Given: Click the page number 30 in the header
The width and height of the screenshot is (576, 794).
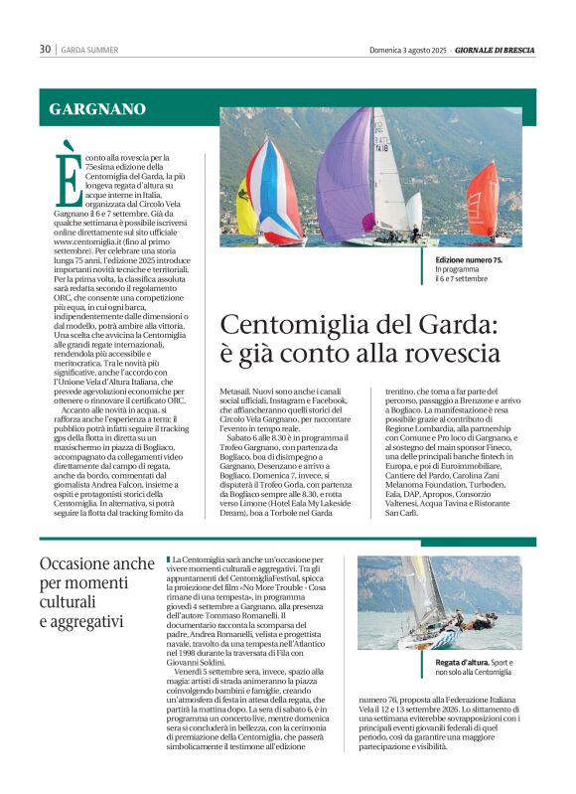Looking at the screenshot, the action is click(x=45, y=49).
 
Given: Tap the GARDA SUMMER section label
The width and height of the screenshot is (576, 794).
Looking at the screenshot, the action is click(x=89, y=49).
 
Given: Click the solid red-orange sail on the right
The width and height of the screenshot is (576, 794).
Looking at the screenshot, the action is click(x=484, y=198).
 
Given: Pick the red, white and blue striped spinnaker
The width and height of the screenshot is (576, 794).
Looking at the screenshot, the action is click(x=276, y=189).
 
